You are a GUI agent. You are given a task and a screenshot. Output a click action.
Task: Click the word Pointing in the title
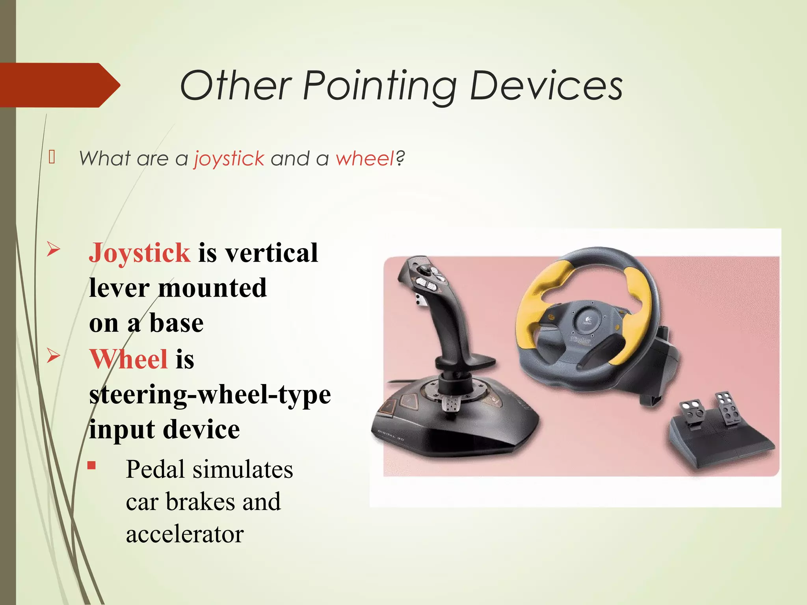coord(379,86)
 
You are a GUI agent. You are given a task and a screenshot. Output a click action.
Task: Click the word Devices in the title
coord(546,86)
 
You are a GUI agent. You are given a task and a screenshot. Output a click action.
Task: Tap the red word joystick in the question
coord(229,159)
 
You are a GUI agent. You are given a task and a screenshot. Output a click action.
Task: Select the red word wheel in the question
coord(365,159)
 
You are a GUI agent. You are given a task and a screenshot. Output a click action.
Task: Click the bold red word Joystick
coord(139,252)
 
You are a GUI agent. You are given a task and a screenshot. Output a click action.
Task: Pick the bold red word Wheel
coord(128,359)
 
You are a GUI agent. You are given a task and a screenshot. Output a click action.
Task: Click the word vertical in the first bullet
coord(271,252)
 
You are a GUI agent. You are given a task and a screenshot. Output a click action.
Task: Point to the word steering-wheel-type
coord(210,395)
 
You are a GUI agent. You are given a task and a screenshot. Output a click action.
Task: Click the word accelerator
coord(185,534)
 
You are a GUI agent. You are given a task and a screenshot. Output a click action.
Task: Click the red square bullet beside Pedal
coord(92,466)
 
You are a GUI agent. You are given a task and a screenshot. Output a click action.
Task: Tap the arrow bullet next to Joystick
coord(53,249)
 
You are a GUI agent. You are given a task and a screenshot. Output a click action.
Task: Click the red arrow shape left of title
coord(59,85)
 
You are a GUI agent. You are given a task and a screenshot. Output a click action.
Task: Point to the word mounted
coord(213,288)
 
